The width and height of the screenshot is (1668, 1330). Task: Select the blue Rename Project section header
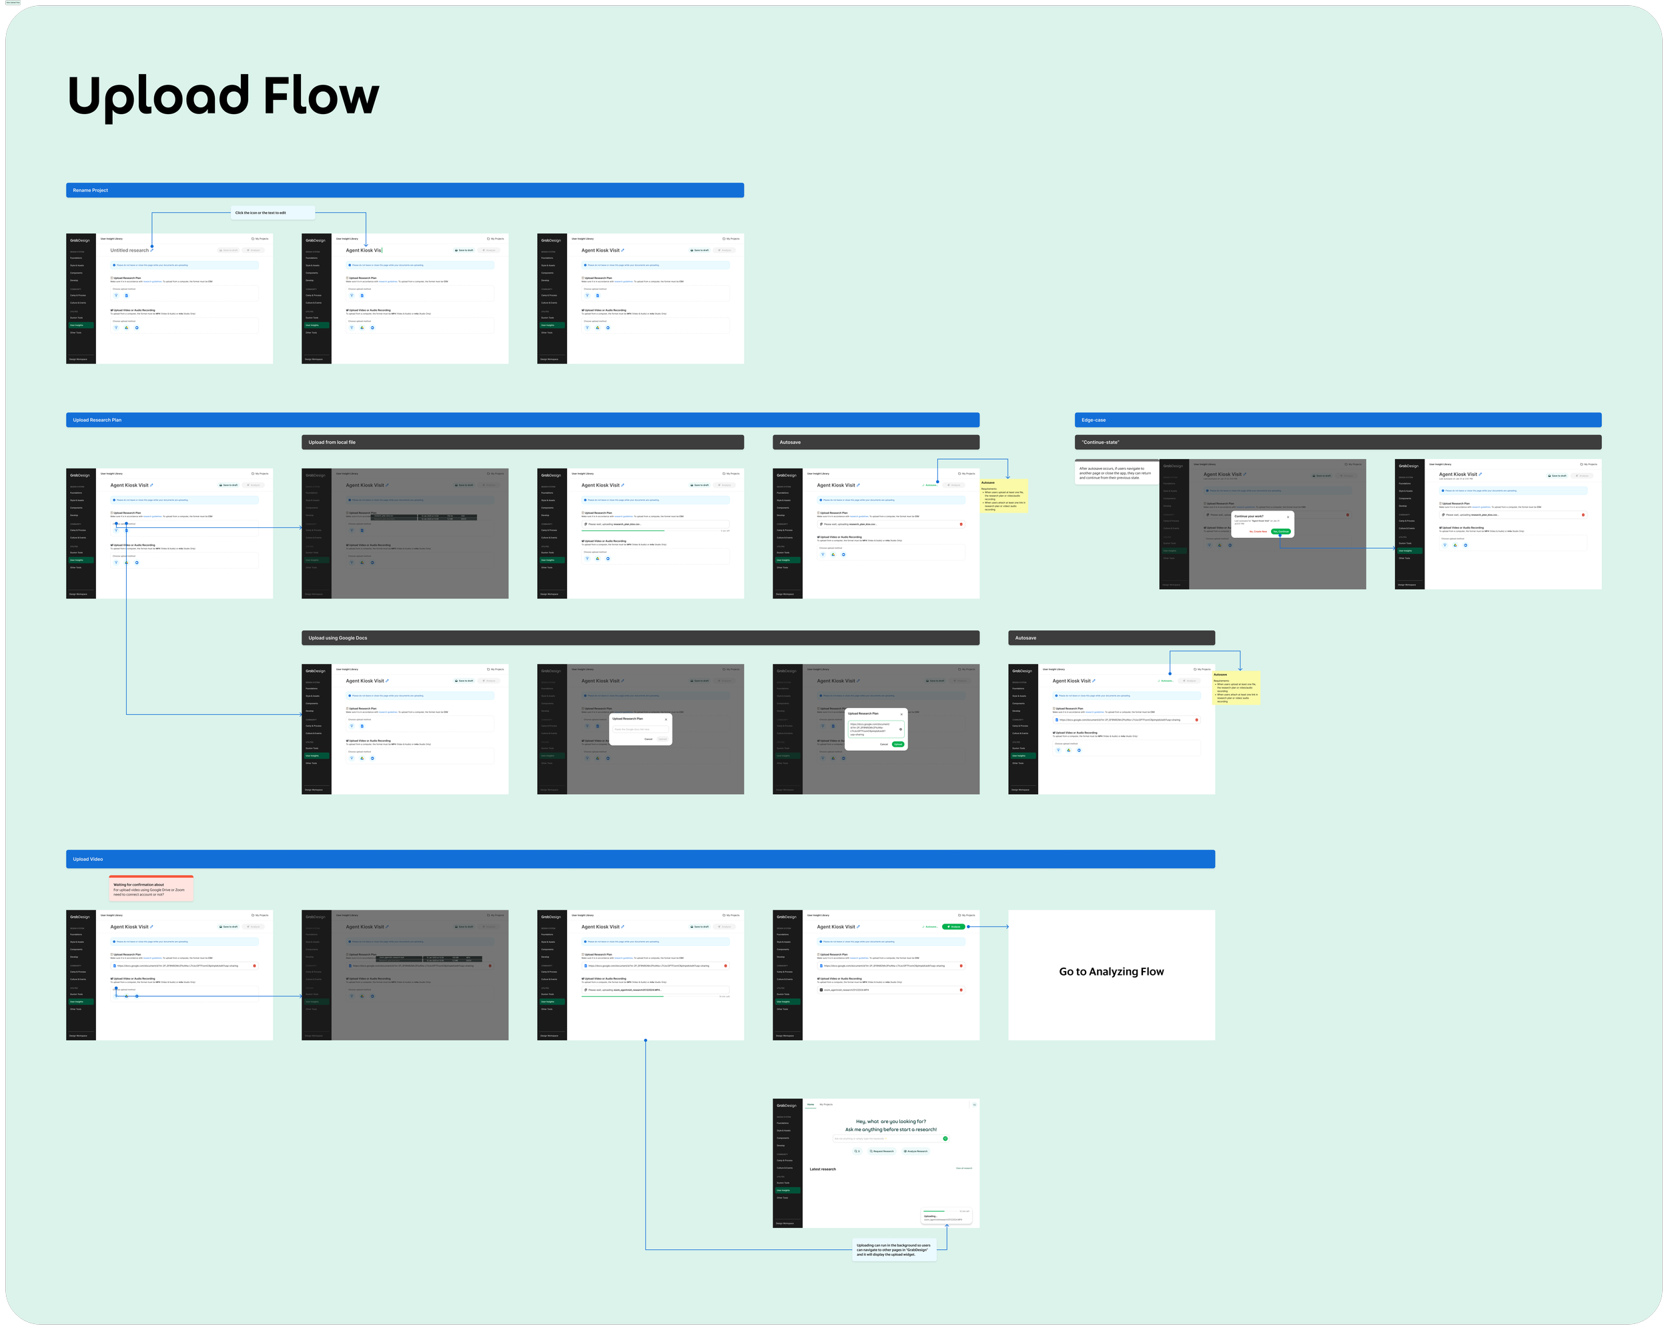click(x=404, y=190)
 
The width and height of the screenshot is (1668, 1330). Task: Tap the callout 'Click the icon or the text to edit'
click(x=273, y=213)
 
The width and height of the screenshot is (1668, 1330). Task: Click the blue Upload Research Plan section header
click(x=522, y=420)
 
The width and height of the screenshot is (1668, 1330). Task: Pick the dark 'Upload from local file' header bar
click(x=522, y=442)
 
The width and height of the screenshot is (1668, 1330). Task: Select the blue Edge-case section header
click(x=1338, y=420)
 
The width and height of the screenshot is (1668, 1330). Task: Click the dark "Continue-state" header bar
click(x=1338, y=442)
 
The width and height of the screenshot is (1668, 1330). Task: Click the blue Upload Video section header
click(x=640, y=859)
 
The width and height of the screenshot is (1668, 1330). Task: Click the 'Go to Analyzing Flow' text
click(x=1111, y=972)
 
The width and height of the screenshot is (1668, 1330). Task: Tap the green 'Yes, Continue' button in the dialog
click(x=1280, y=532)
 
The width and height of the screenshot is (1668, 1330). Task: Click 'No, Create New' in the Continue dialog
click(x=1258, y=532)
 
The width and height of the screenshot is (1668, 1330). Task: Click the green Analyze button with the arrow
click(x=954, y=927)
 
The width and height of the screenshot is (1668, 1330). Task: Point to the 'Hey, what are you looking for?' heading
click(x=891, y=1121)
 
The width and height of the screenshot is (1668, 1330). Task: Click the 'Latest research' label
click(x=823, y=1169)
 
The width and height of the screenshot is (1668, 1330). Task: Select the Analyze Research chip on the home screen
click(x=915, y=1151)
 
